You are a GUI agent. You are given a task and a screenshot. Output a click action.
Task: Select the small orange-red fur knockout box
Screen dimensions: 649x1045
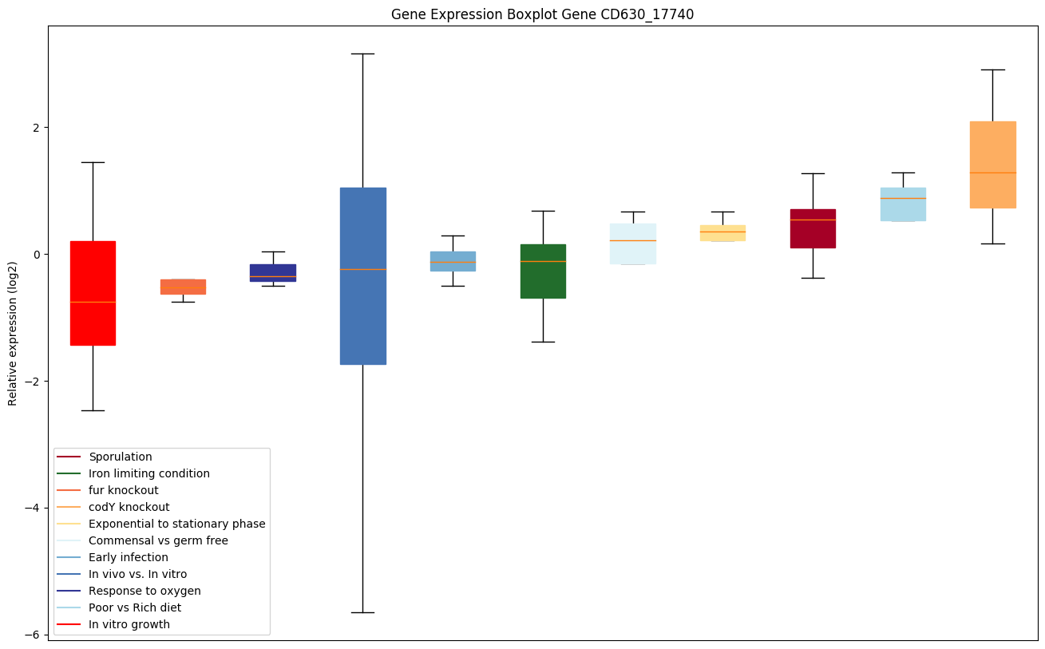point(183,287)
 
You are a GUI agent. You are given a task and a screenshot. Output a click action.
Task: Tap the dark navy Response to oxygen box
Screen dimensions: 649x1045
point(273,272)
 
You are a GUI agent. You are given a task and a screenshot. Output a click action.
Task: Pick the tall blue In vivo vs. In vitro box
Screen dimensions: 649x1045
point(363,275)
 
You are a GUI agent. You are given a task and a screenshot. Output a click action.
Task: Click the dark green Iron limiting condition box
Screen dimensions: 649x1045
point(543,271)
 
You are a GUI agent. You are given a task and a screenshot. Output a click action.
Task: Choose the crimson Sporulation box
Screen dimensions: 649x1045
point(813,228)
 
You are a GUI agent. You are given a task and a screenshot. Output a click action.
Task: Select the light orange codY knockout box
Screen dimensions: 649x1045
point(992,164)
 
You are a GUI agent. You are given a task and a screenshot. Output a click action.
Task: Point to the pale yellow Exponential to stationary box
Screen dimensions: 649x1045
point(722,232)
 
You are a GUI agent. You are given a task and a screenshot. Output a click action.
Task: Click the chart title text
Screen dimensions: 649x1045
point(542,14)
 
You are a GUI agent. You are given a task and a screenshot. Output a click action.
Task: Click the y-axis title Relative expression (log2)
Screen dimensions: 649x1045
point(13,333)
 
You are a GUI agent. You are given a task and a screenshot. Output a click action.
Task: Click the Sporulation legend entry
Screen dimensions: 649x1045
point(120,457)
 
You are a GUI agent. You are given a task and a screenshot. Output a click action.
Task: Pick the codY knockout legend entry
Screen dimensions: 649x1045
point(129,507)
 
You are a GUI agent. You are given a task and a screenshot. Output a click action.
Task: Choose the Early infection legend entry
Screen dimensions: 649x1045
point(128,557)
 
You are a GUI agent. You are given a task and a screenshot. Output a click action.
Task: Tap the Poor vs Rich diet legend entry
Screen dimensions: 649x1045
point(134,607)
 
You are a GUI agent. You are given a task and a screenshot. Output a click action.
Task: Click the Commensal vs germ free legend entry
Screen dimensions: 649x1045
point(158,540)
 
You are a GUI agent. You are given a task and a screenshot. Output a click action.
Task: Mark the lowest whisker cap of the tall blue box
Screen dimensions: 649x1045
point(363,612)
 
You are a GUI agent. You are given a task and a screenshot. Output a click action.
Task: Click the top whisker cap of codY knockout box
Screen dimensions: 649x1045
point(992,69)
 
